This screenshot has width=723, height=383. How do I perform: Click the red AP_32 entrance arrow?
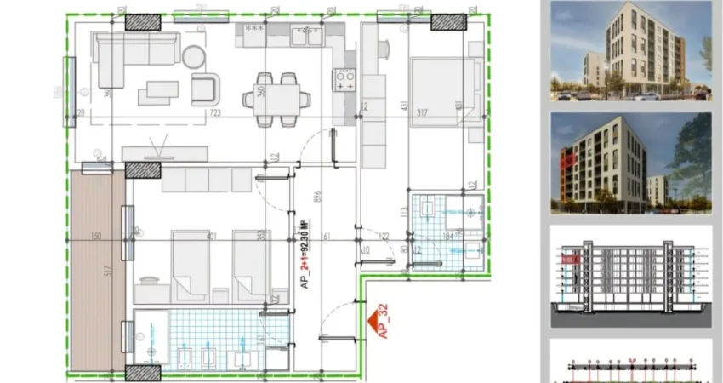(x=371, y=321)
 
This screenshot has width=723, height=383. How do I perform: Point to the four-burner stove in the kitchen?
(x=345, y=81)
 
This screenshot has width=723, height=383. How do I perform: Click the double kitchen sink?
(x=307, y=36)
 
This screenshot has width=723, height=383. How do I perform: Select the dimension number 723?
(x=215, y=112)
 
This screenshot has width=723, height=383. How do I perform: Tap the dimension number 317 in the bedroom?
(x=422, y=112)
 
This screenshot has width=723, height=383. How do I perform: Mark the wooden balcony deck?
(x=97, y=268)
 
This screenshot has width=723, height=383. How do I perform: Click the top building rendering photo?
(x=630, y=51)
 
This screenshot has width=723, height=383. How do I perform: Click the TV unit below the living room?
(x=165, y=154)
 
